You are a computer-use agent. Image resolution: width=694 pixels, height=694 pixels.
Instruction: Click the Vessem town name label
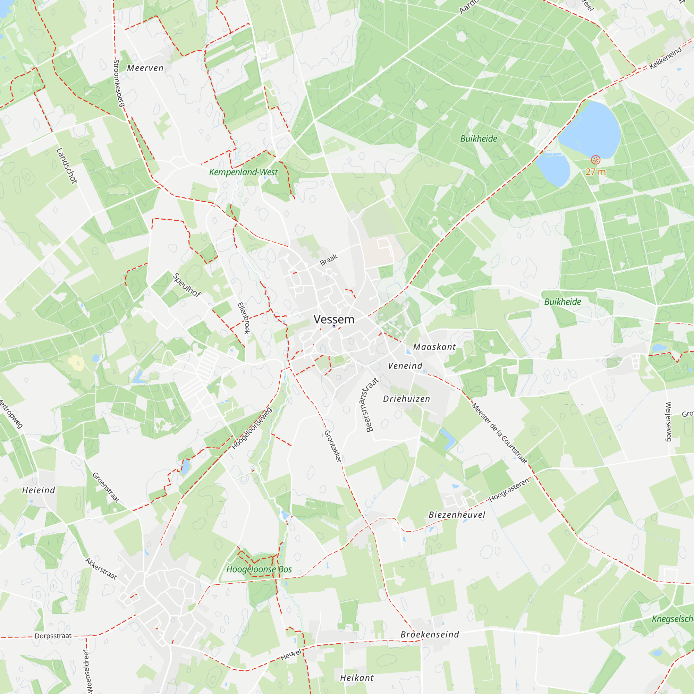tap(334, 319)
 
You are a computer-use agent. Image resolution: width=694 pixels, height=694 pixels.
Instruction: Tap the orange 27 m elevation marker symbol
tap(595, 160)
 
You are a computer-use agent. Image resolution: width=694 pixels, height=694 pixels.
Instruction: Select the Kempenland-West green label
tap(243, 172)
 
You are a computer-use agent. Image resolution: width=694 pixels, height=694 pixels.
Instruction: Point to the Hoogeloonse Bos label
tap(259, 569)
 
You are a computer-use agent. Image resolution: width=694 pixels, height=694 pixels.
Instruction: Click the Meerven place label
tap(145, 68)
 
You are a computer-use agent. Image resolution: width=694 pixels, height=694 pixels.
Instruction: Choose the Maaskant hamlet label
tap(434, 347)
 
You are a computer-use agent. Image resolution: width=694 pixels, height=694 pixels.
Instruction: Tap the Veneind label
tap(405, 366)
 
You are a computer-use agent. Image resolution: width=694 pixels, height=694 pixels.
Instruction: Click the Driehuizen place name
tap(407, 399)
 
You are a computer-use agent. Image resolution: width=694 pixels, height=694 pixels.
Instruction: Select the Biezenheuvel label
tap(457, 515)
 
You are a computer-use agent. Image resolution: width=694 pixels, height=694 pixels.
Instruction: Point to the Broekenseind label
tap(430, 634)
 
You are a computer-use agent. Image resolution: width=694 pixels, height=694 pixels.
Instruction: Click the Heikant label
tap(357, 678)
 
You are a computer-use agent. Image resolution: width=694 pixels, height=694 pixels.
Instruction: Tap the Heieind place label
tap(39, 490)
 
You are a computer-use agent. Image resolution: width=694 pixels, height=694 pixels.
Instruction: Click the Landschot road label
tap(67, 166)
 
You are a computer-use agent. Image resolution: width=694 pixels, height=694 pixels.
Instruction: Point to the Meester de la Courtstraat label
tap(500, 433)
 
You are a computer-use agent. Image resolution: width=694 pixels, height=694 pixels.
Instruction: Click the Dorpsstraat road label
tap(53, 636)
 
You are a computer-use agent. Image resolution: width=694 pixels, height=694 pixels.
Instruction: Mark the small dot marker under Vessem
tap(334, 325)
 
